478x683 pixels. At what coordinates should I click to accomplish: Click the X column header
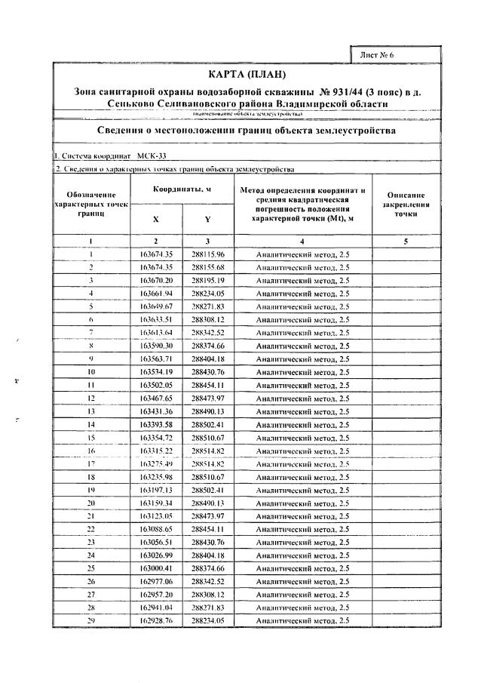coord(156,220)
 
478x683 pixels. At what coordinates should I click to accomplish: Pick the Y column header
coord(207,220)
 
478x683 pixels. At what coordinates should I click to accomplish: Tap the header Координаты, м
coord(182,189)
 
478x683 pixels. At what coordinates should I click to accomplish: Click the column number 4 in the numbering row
coord(302,241)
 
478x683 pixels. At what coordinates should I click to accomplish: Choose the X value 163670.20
coord(157,280)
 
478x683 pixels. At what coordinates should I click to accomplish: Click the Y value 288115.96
coord(208,254)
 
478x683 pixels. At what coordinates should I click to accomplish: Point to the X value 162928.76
coord(157,620)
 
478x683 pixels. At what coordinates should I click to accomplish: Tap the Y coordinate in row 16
coord(208,450)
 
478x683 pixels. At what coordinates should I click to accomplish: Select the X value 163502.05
coord(157,385)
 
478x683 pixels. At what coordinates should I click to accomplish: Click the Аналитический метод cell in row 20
coord(302,502)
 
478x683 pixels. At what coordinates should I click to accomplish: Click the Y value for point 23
coord(208,541)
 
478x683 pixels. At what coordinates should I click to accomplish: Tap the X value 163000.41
coord(157,568)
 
